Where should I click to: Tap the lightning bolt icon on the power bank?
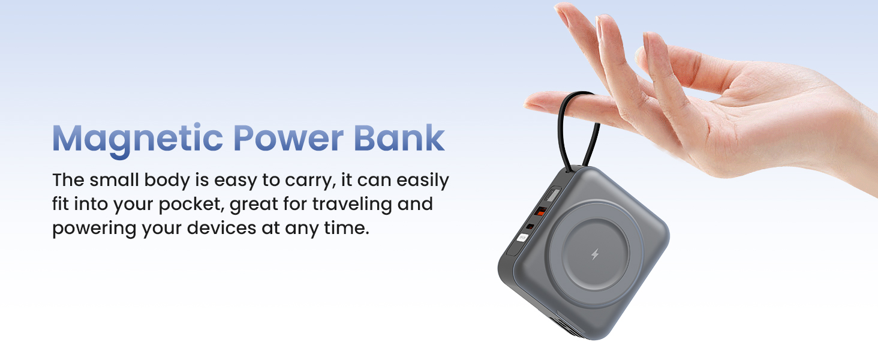point(595,254)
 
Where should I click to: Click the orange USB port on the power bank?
point(539,211)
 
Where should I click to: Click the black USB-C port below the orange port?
point(530,226)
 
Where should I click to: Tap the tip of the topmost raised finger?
point(561,9)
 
